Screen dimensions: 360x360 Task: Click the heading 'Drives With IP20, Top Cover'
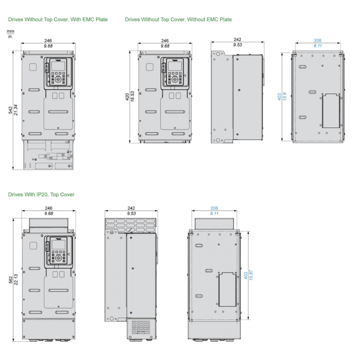(x=41, y=194)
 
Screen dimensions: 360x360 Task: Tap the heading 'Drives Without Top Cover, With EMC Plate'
(x=58, y=20)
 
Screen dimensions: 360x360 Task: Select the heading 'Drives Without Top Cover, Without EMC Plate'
(x=178, y=20)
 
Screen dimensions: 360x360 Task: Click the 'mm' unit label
(x=10, y=31)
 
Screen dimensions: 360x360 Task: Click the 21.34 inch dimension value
(x=16, y=111)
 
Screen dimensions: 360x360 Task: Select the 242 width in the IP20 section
(x=131, y=208)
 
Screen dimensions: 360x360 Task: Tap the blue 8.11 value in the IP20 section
(x=214, y=213)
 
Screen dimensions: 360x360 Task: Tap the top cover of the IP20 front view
(x=49, y=224)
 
